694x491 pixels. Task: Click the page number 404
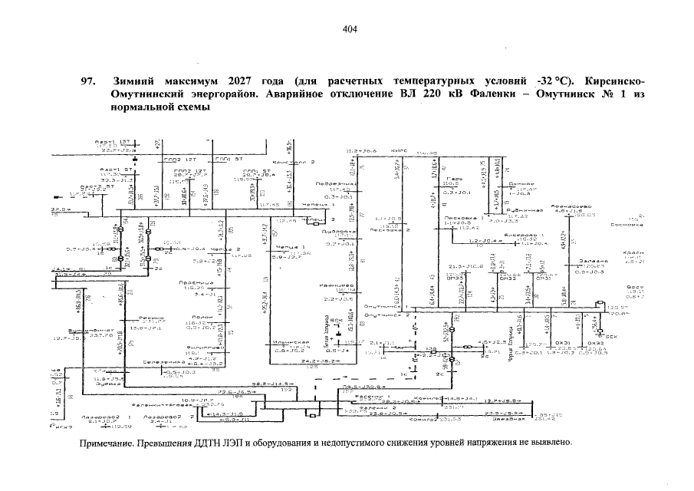(350, 29)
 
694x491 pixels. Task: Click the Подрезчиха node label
(337, 184)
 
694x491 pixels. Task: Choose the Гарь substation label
(452, 179)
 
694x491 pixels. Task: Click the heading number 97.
(87, 81)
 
